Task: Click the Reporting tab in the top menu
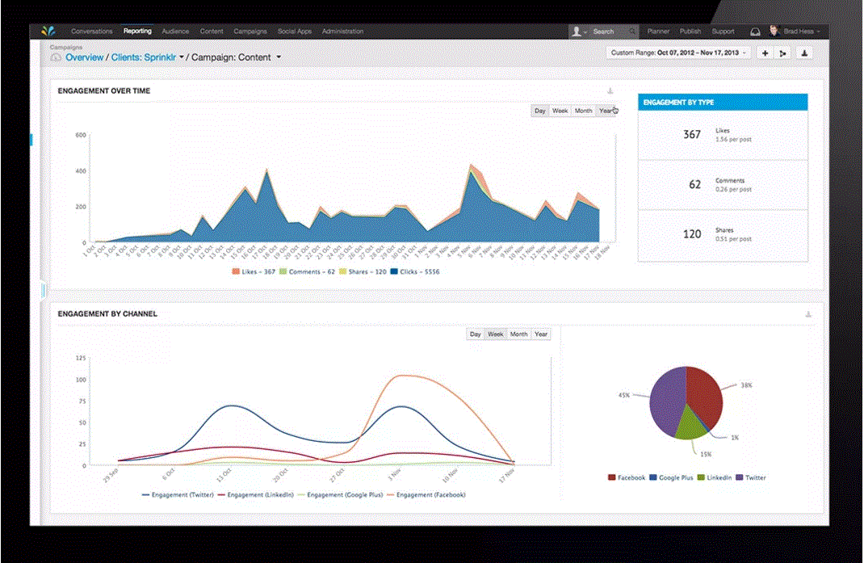coord(137,32)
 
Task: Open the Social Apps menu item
coord(294,32)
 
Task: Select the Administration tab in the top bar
coord(342,32)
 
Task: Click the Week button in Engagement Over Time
coord(560,111)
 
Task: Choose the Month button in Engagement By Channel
coord(518,334)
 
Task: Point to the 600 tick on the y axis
coord(81,135)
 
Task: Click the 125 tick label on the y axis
coord(80,357)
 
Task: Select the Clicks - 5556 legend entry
coord(415,271)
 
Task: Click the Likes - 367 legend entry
coord(254,271)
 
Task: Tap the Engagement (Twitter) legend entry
coord(178,494)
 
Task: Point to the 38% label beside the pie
coord(748,385)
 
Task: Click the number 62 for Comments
coord(694,184)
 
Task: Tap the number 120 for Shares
coord(692,233)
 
